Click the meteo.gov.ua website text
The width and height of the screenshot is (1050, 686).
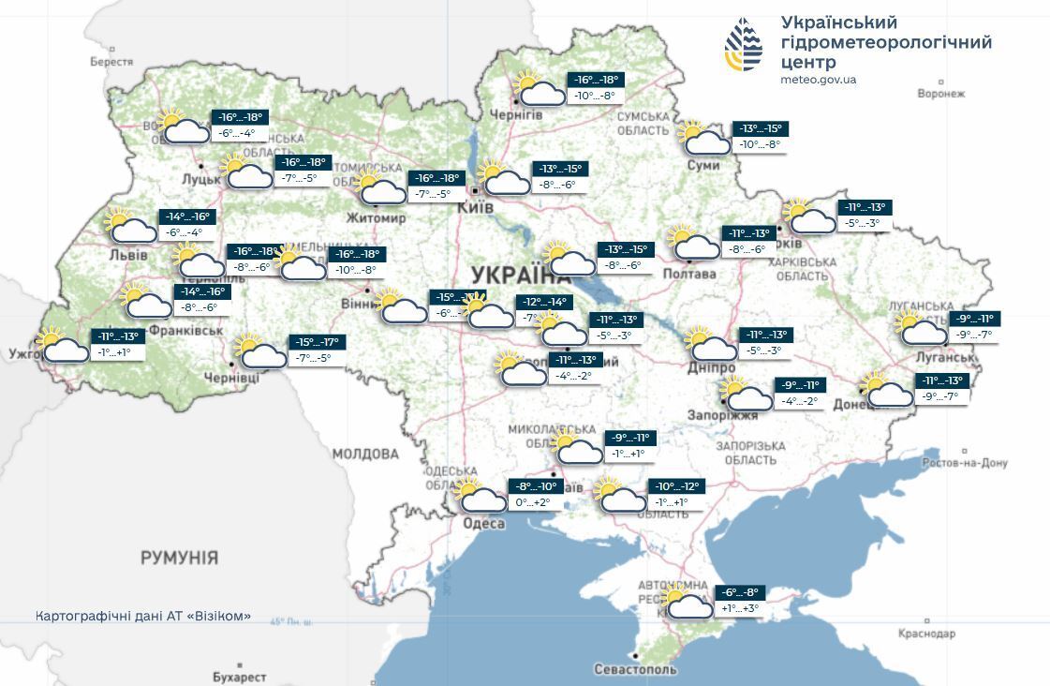(818, 80)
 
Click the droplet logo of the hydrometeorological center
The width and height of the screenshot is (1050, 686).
(743, 44)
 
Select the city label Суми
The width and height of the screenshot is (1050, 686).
(702, 166)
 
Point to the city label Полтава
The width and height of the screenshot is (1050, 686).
(688, 275)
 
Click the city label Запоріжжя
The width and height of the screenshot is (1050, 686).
(723, 415)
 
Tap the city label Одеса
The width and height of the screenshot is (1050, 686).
(484, 523)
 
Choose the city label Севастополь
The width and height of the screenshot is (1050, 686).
(635, 670)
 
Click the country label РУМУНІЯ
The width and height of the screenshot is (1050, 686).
(179, 558)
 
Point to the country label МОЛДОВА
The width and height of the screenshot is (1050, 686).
(365, 455)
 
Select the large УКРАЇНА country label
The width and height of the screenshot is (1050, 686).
(520, 275)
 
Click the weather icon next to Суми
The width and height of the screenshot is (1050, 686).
(703, 138)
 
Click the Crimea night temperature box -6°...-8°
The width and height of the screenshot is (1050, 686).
(740, 592)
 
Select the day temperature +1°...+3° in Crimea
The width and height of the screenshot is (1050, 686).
(740, 608)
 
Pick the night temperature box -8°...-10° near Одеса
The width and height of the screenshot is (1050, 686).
(536, 486)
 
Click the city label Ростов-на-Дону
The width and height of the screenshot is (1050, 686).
(964, 463)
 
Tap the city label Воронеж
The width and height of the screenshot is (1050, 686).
(940, 94)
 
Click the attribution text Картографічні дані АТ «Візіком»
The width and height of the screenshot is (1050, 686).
(143, 616)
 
